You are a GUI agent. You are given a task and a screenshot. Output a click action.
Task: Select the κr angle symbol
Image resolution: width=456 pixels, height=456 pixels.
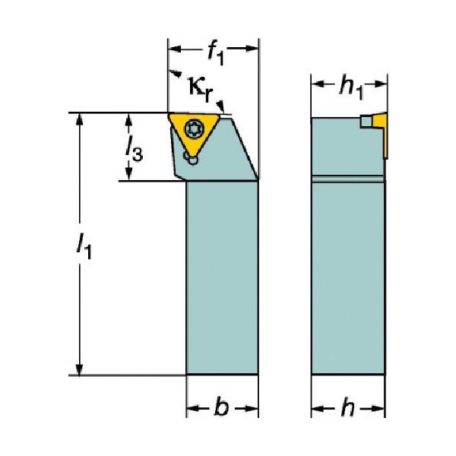click(x=201, y=88)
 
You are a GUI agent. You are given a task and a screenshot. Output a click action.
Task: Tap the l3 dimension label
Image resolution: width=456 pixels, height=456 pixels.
click(x=134, y=149)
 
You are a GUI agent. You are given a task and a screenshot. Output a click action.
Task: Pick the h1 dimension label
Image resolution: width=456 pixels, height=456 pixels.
click(x=351, y=88)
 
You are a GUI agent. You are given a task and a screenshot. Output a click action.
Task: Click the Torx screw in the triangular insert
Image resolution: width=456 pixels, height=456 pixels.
click(x=195, y=128)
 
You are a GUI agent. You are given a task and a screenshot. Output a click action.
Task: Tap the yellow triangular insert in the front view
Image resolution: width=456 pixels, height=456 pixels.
click(x=194, y=131)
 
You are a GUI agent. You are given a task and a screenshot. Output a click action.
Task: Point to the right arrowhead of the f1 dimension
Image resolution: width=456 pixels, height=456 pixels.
click(x=252, y=49)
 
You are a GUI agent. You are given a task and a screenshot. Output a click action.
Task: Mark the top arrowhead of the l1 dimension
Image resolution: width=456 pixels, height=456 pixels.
click(x=79, y=119)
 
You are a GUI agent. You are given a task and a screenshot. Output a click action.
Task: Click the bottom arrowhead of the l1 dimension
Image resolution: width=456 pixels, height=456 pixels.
click(x=79, y=369)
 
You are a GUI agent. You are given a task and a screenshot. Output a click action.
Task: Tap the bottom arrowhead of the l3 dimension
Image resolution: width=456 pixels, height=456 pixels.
click(x=128, y=174)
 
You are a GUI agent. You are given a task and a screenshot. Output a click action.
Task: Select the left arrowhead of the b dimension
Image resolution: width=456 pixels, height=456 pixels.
click(x=193, y=409)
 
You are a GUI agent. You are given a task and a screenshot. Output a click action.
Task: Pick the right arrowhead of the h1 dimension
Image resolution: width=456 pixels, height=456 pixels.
click(x=381, y=84)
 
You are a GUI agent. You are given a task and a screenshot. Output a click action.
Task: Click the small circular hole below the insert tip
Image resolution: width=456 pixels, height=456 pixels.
click(x=192, y=160)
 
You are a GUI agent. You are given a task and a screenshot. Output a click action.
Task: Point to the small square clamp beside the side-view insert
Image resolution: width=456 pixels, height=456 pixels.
click(x=366, y=122)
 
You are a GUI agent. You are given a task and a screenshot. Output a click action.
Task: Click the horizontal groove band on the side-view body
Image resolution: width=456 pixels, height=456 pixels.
click(x=348, y=179)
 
